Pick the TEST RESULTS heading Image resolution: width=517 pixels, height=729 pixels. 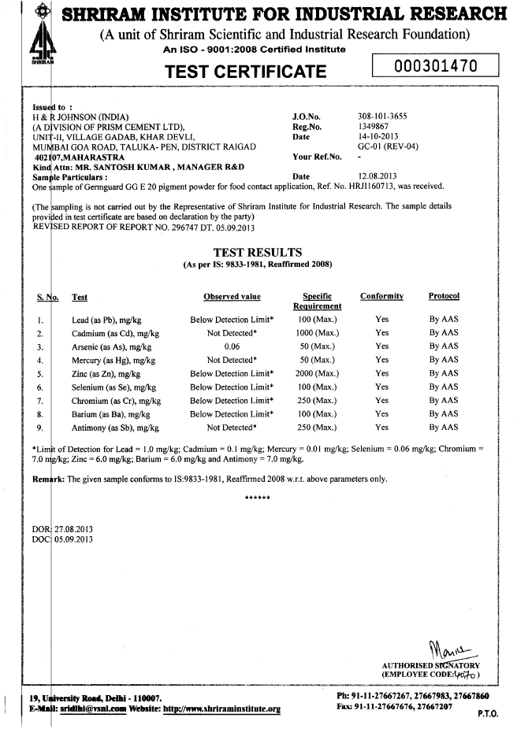(257, 252)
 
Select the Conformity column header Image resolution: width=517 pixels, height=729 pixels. (381, 296)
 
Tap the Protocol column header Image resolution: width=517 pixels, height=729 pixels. (444, 296)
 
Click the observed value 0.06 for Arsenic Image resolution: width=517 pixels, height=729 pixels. (232, 346)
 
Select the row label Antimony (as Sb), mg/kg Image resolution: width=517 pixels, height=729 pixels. (115, 427)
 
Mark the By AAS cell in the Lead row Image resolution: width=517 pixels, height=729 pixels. (444, 320)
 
